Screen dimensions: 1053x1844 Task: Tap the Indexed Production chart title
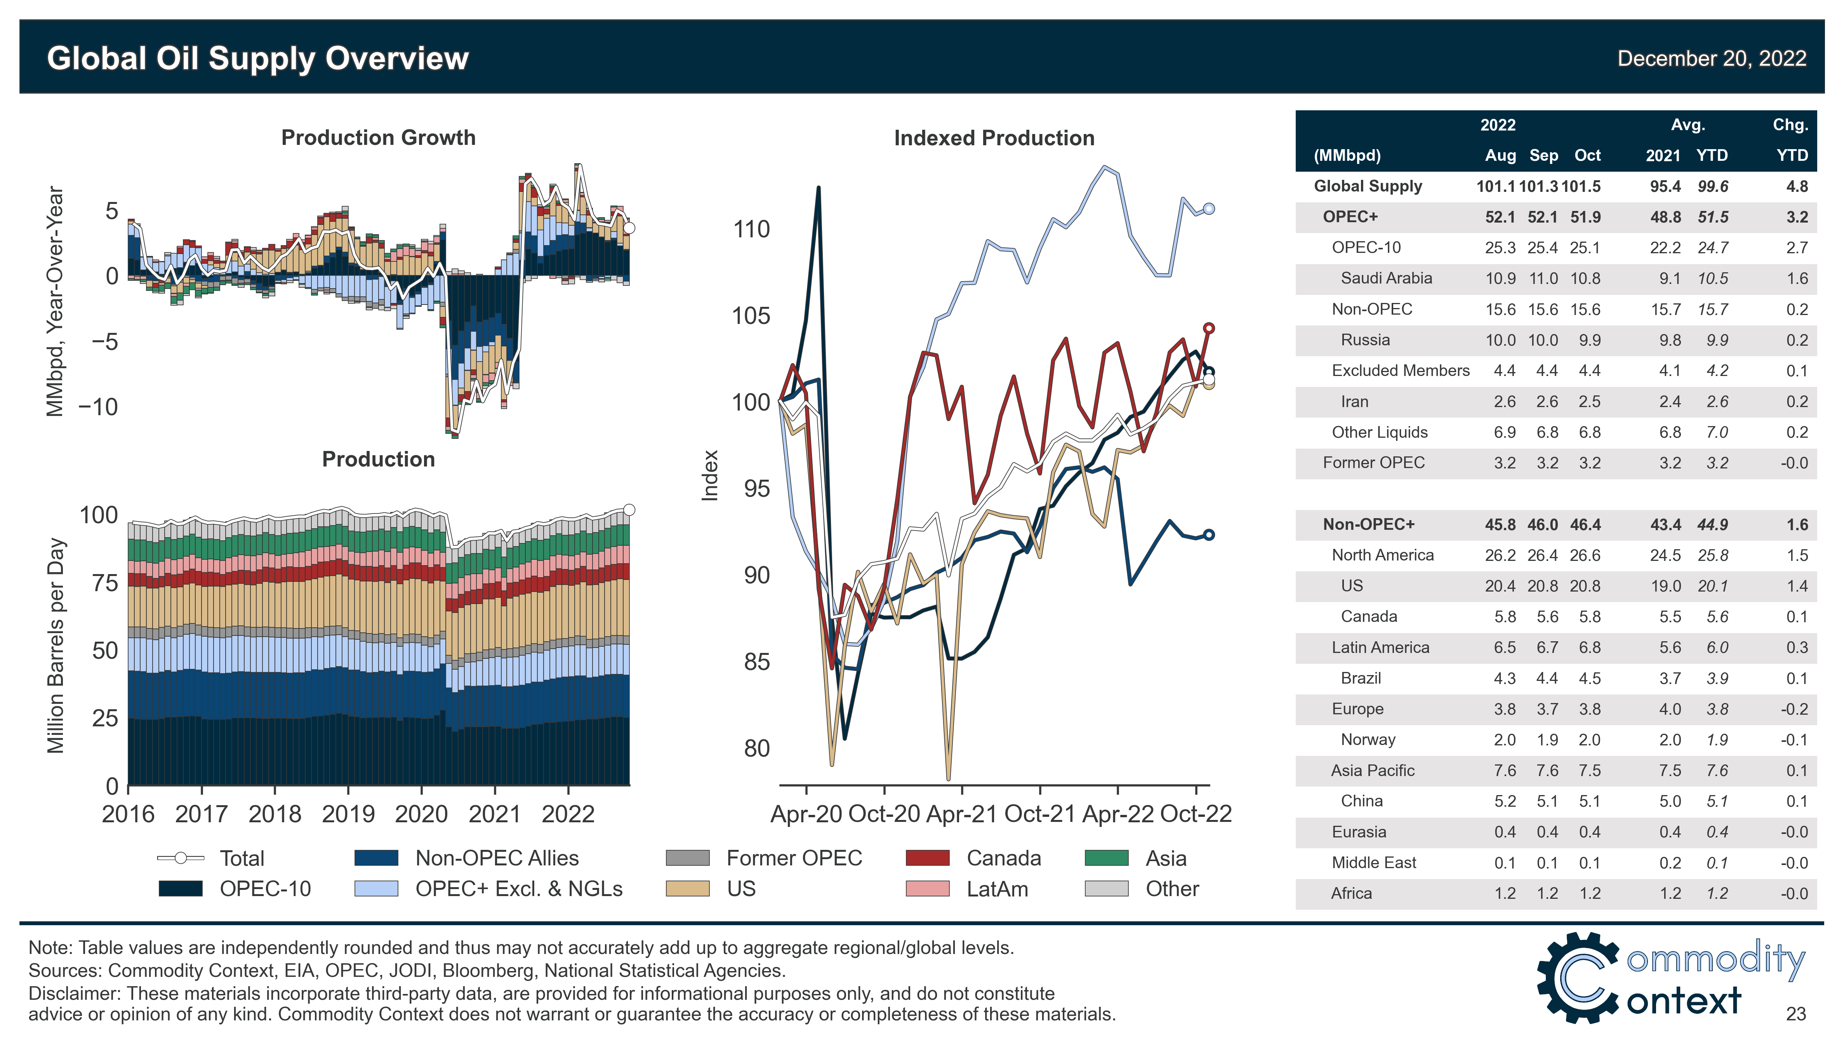coord(994,138)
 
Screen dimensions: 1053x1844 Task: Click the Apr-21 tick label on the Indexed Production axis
coord(961,815)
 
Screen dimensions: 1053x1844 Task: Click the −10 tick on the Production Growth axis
coord(97,407)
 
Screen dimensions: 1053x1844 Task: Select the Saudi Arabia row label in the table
coord(1386,278)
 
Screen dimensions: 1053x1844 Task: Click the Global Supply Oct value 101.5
coord(1580,186)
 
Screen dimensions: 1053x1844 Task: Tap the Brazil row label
coord(1361,679)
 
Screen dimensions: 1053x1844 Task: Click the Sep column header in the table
coord(1543,155)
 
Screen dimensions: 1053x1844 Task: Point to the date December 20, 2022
coord(1711,59)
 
